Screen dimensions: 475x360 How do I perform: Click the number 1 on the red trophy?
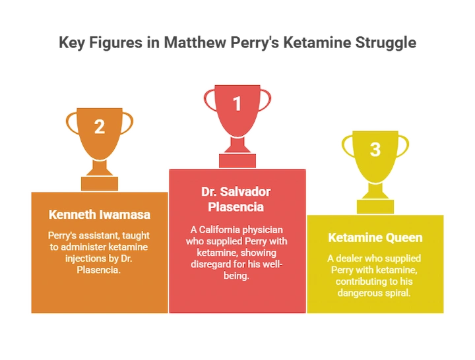pos(237,104)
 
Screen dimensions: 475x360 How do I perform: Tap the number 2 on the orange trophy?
pos(100,127)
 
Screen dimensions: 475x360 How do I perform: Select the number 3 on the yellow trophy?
pos(375,149)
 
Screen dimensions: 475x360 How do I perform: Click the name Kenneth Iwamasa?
pos(100,215)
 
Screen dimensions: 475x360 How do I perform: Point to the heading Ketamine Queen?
pos(375,237)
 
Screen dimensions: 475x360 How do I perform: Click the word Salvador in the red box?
pos(245,192)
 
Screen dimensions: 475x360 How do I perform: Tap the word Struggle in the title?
pos(386,42)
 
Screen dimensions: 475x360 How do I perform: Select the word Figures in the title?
pos(115,42)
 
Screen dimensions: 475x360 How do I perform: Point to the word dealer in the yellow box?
pos(349,258)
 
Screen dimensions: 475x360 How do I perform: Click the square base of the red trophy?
pos(237,161)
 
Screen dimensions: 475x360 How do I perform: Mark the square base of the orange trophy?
pos(100,184)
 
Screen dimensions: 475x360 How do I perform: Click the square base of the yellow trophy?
pos(375,206)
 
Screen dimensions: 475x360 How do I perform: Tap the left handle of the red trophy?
pos(209,100)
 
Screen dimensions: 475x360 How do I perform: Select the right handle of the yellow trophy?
pos(403,146)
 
